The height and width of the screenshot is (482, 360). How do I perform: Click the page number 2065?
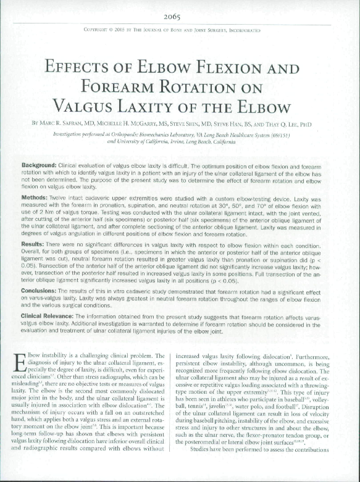[x=180, y=17]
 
